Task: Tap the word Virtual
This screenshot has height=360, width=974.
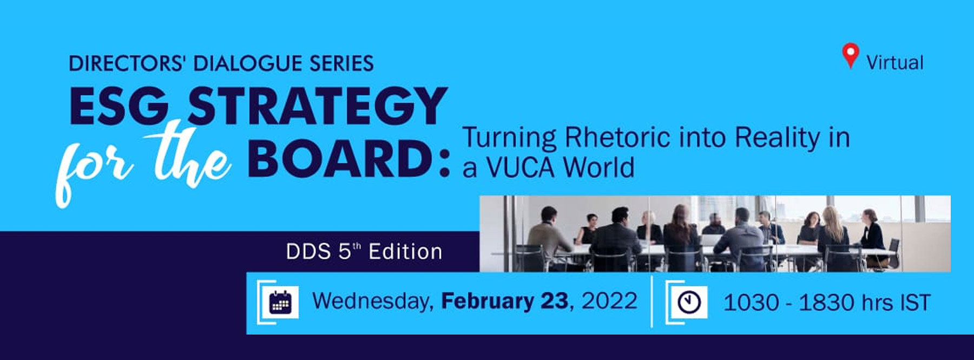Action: pos(895,63)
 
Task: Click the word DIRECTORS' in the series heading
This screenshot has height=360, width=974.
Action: pos(128,63)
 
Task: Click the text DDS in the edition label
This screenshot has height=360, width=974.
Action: pos(308,252)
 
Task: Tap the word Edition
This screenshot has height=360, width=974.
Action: pos(405,252)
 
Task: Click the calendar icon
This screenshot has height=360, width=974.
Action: pos(280,302)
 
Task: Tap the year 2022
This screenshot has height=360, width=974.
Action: pos(609,301)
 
